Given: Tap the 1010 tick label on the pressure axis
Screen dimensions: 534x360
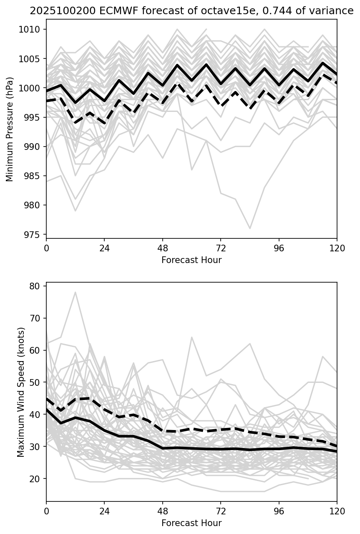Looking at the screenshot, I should click(x=32, y=29).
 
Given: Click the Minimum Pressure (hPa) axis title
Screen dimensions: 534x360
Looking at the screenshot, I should click(x=10, y=129).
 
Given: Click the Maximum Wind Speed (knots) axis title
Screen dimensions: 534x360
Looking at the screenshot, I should click(x=21, y=392).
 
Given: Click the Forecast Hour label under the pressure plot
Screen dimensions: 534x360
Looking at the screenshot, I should click(x=191, y=260).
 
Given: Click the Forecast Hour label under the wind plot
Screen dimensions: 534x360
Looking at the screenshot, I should click(x=191, y=523).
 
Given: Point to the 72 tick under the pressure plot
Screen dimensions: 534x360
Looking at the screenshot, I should click(x=221, y=248).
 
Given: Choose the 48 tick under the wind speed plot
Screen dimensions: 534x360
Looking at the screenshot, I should click(x=163, y=511).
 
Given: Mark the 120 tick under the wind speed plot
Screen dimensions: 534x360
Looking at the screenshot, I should click(x=337, y=511).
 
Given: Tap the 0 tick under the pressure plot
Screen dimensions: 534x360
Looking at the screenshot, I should click(x=46, y=248).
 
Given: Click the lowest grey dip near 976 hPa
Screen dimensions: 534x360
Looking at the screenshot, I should click(x=250, y=228).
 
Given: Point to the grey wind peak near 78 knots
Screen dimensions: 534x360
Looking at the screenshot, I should click(x=75, y=292).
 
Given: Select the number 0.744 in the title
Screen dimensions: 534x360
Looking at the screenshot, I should click(x=274, y=11).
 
